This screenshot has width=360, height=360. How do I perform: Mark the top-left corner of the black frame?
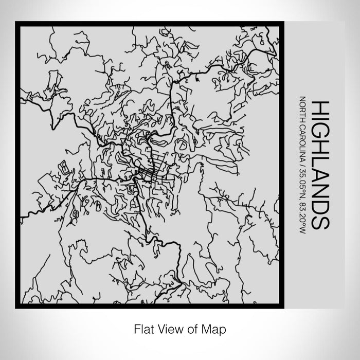[17, 23]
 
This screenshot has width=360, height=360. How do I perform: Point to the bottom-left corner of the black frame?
[17, 307]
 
